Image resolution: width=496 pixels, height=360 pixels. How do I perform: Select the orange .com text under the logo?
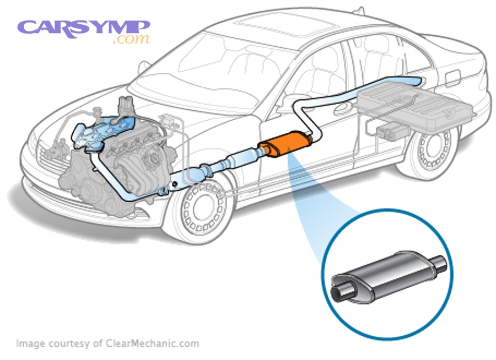click(x=130, y=40)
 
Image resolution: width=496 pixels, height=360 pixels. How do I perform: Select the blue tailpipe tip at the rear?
click(x=423, y=82)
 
